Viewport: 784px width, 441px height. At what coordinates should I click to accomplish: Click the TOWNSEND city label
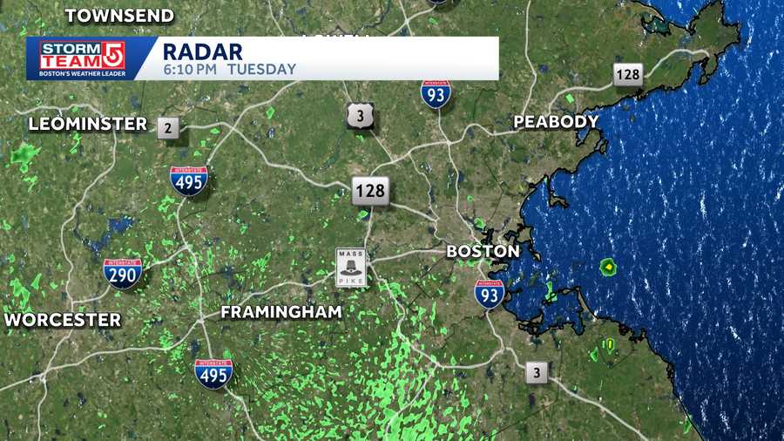tap(119, 16)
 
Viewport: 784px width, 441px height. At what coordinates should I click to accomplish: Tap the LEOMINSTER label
tap(88, 124)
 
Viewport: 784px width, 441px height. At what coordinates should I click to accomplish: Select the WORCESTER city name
tap(62, 320)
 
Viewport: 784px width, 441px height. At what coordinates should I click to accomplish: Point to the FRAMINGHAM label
tap(281, 311)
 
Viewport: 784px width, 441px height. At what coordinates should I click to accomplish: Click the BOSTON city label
tap(483, 251)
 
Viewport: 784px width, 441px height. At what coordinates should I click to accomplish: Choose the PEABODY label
tap(556, 122)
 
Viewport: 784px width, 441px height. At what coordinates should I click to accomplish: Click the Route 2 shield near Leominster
tap(168, 128)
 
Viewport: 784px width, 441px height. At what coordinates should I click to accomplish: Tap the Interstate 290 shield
tap(123, 273)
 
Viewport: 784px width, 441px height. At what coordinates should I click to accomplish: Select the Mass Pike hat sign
tap(352, 268)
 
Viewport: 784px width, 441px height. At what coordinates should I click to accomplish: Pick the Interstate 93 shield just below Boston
tap(490, 294)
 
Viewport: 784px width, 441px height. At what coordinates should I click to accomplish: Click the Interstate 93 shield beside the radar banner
tap(436, 94)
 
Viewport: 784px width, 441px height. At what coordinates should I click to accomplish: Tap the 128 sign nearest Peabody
tap(627, 75)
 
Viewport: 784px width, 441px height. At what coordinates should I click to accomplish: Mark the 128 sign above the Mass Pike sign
tap(370, 190)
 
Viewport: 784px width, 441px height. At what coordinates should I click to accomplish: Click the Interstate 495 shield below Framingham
tap(213, 373)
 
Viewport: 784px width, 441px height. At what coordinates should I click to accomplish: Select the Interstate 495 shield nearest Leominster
tap(189, 180)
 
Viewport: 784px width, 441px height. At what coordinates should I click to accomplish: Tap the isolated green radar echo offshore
tap(608, 267)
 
